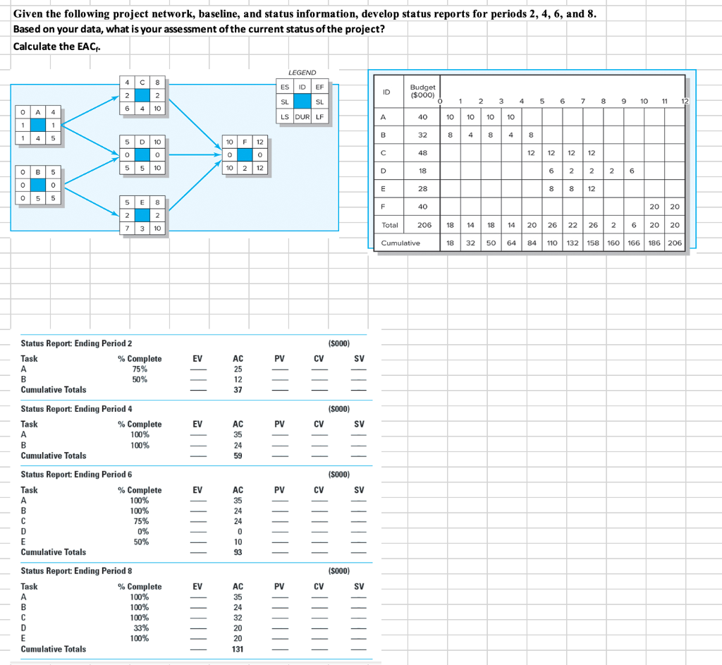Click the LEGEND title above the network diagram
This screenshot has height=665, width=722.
tap(302, 73)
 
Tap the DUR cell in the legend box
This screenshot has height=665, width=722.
tap(302, 116)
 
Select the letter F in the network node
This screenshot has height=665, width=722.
tap(243, 142)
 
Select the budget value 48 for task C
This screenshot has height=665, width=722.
tap(423, 152)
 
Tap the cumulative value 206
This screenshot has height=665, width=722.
tap(675, 243)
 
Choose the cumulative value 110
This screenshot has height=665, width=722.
tap(552, 243)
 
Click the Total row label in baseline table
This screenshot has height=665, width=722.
tap(390, 226)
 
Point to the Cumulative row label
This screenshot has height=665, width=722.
tap(400, 243)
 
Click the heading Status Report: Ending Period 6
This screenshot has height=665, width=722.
tap(77, 475)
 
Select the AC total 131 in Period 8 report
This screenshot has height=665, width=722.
tap(238, 649)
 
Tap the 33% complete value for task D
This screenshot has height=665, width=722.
tap(140, 628)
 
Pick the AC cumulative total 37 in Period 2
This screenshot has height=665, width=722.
tap(238, 389)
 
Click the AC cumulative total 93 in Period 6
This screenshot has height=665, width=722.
tap(238, 552)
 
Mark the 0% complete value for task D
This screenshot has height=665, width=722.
tap(140, 531)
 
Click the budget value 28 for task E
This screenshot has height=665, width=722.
tap(423, 189)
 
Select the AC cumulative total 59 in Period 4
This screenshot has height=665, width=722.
tap(238, 456)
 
